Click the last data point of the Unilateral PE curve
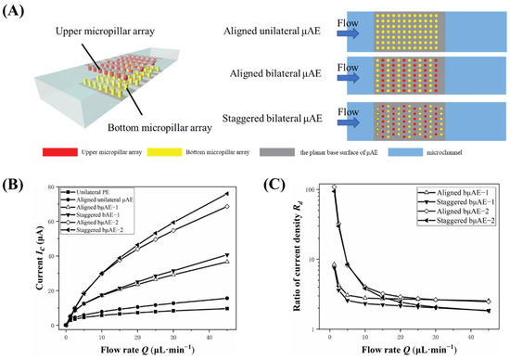[226, 309]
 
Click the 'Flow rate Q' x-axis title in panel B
[145, 351]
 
